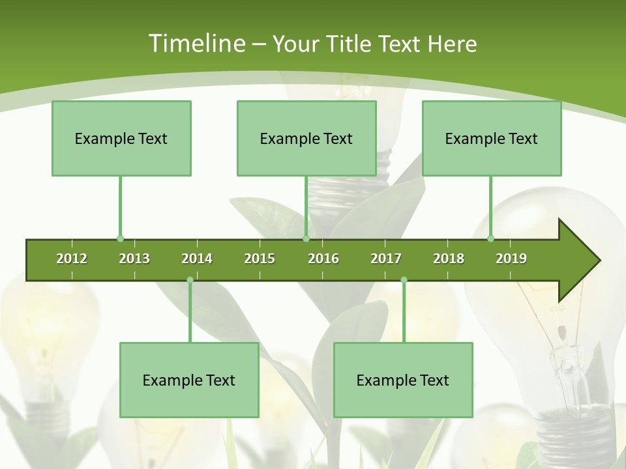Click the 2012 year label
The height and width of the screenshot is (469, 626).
point(72,259)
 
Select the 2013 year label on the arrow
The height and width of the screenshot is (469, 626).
point(134,259)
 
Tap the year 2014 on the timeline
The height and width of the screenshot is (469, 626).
point(197,259)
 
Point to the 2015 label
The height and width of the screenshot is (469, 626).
point(260,259)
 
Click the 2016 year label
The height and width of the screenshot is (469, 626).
point(323,259)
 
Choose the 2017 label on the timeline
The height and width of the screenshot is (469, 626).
point(386,259)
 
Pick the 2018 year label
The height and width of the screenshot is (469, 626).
point(449,259)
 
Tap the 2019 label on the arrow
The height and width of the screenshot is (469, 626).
point(511,259)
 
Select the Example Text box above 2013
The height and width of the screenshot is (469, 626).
point(121,138)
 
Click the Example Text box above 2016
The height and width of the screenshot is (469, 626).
point(306,138)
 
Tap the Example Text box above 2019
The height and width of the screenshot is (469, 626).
point(492,138)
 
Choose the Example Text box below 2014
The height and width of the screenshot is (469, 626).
point(189,380)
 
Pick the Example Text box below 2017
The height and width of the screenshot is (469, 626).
point(403,380)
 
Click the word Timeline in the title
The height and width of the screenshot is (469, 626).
point(196,44)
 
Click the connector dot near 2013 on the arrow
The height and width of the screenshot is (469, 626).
point(120,239)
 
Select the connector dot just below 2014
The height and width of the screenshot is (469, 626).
point(190,279)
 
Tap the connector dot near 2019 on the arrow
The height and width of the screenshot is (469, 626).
point(491,239)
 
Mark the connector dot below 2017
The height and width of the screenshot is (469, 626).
point(404,279)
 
